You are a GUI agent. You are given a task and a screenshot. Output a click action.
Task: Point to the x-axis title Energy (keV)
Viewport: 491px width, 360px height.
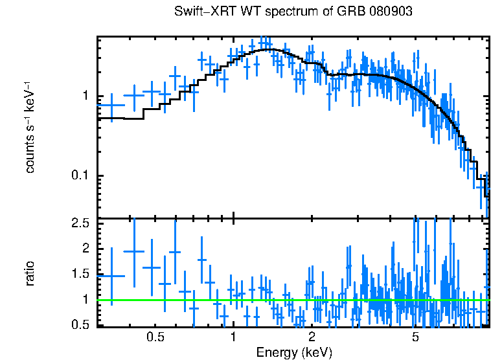pos(294,352)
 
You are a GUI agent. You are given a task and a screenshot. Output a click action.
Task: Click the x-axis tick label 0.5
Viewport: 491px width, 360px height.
pos(155,337)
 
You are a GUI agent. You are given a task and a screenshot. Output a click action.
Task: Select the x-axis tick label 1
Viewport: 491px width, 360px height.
pos(233,337)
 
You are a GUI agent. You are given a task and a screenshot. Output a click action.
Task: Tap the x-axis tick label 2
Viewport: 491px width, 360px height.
pos(312,337)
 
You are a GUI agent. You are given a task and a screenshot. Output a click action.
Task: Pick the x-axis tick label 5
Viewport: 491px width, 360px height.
pos(415,337)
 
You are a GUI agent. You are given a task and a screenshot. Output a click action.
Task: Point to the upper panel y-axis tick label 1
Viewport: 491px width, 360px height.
pos(84,96)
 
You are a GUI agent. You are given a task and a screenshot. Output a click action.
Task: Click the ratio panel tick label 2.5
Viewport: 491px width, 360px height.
pos(79,223)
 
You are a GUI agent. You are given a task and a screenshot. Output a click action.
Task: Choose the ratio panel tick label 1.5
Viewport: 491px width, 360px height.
pos(79,274)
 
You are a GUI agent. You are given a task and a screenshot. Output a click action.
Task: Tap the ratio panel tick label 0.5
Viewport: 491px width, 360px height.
pos(79,324)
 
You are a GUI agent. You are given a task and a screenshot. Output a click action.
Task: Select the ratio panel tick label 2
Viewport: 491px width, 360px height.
pos(84,249)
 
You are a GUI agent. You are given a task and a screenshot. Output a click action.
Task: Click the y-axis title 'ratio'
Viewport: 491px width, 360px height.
pos(30,273)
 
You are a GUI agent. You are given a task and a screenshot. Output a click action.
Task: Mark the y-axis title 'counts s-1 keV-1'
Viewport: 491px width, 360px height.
pos(30,126)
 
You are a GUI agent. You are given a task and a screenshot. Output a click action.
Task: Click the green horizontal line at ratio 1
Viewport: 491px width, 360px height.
pos(291,300)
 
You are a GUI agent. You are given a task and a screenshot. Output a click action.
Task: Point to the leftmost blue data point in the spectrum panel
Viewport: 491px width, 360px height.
pos(112,106)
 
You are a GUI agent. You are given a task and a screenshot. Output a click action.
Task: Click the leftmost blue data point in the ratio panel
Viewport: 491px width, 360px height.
pos(112,276)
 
